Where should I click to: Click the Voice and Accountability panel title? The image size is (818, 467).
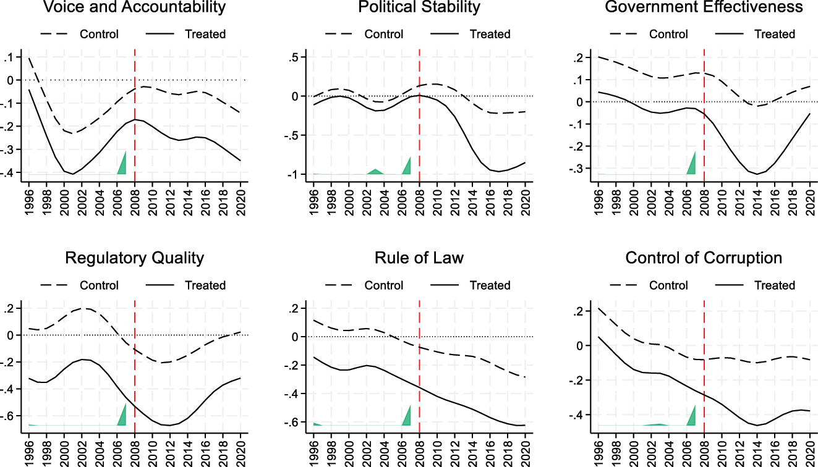click(134, 7)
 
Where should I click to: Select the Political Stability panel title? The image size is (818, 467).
click(419, 7)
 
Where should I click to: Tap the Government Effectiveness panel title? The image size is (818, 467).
click(704, 7)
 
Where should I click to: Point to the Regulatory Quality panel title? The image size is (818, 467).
click(134, 258)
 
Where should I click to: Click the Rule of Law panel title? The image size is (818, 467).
click(419, 258)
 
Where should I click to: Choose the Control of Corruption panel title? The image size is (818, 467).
click(704, 258)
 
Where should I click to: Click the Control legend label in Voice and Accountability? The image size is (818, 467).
click(99, 34)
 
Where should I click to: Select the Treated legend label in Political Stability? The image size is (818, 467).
click(490, 34)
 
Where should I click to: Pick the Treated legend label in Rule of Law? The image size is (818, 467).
click(490, 285)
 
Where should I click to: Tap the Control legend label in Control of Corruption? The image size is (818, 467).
click(668, 285)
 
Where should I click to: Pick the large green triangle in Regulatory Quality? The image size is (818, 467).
click(122, 417)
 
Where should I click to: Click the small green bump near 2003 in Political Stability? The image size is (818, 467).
click(375, 172)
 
